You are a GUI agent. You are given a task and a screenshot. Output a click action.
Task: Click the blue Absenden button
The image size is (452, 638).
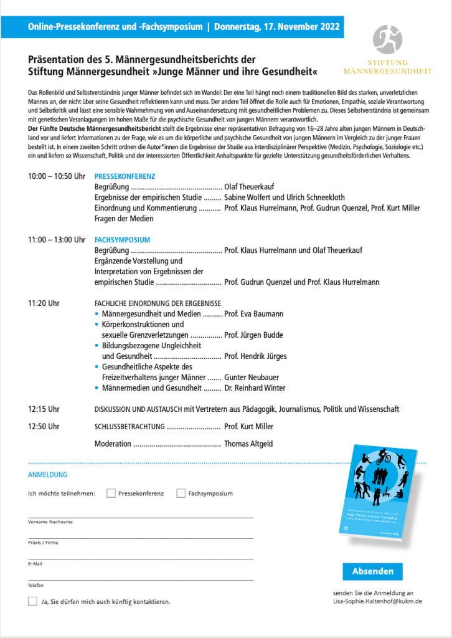tap(372, 571)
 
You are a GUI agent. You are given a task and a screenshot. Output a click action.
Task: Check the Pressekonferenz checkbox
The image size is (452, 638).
tap(111, 493)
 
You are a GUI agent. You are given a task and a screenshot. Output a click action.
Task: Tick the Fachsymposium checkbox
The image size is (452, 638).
tap(181, 493)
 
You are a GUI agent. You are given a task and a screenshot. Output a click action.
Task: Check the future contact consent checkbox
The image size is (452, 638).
tap(32, 601)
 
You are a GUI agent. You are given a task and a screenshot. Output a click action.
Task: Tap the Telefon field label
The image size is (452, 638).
tap(35, 585)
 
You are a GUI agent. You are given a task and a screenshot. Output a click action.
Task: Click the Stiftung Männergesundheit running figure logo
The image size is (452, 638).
tap(387, 39)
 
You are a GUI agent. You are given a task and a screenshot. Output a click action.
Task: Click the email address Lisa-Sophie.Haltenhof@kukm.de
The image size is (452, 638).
tap(378, 601)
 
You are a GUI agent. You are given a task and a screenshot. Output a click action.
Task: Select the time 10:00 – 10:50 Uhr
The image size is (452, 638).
tap(57, 176)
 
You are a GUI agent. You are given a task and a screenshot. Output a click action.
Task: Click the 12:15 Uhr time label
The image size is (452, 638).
tap(44, 409)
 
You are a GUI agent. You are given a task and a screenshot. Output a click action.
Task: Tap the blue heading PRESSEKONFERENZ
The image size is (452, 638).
tap(125, 176)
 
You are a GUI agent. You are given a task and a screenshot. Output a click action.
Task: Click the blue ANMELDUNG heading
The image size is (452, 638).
tap(47, 475)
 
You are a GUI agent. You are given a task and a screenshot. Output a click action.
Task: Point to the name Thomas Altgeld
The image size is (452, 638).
tap(248, 444)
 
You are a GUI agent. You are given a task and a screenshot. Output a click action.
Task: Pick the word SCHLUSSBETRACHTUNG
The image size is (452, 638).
tap(129, 427)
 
